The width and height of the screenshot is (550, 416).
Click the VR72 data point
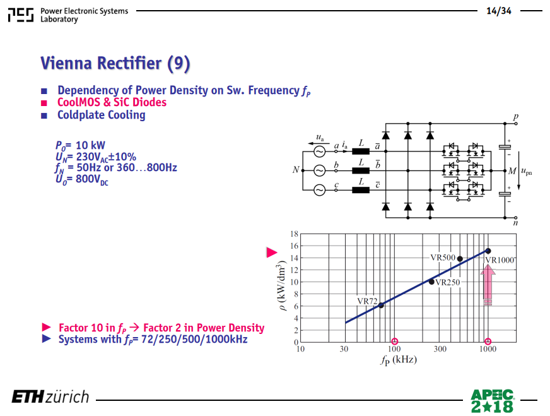381,306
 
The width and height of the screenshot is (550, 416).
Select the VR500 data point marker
460,259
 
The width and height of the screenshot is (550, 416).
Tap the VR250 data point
431,282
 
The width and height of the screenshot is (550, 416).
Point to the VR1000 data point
488,251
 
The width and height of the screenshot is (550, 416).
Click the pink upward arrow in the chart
488,285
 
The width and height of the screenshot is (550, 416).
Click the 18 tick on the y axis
295,234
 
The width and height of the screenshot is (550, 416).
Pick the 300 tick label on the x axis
440,348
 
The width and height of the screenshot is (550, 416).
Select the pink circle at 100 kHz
395,342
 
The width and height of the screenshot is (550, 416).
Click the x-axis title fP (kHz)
399,360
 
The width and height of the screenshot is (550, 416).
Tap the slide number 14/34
499,11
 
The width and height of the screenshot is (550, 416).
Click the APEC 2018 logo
492,401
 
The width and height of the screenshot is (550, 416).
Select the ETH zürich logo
50,396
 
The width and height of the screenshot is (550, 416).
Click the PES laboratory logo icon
21,15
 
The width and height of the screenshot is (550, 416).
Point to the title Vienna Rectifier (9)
115,63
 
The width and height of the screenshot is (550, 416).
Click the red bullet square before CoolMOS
44,103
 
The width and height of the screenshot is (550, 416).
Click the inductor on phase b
361,170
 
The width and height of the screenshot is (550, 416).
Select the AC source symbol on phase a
319,152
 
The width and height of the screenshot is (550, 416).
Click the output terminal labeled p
516,124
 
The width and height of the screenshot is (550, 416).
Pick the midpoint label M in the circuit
512,171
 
